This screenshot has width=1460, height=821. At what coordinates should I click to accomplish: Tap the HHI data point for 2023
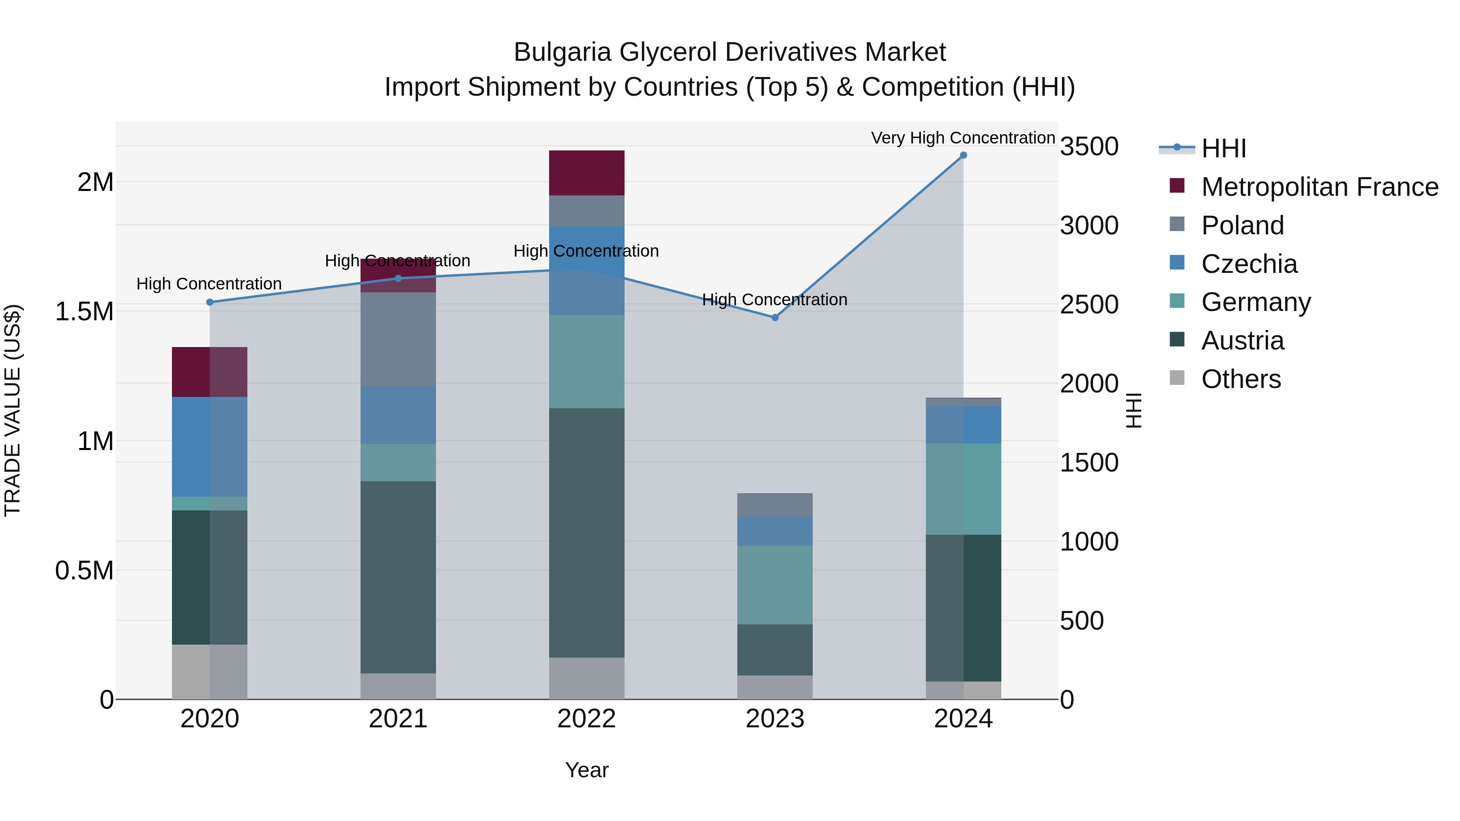click(x=775, y=317)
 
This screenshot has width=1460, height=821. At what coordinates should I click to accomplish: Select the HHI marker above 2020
click(x=210, y=302)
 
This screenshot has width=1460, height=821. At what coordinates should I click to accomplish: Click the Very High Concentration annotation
click(x=962, y=138)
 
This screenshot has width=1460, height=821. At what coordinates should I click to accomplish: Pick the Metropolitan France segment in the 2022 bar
click(x=586, y=173)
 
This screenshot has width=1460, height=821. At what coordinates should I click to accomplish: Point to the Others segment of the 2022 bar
click(x=586, y=678)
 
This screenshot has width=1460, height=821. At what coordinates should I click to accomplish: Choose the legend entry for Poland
click(x=1242, y=225)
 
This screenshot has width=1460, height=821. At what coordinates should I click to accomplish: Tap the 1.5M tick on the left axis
click(x=84, y=312)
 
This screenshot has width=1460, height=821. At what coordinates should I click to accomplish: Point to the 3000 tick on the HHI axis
click(x=1089, y=225)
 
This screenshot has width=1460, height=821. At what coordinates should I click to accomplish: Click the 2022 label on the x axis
click(x=586, y=719)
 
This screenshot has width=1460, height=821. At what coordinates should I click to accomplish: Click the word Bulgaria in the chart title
click(x=562, y=52)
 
